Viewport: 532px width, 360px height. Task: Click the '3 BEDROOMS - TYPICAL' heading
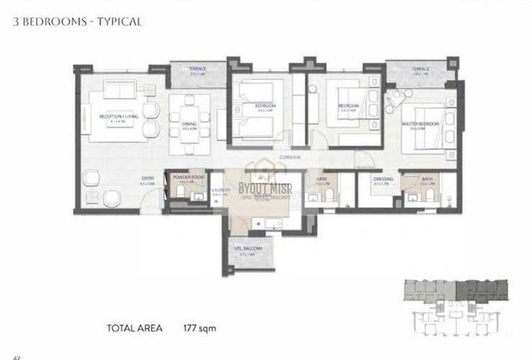click(77, 22)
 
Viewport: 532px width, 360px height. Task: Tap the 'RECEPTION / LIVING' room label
click(115, 116)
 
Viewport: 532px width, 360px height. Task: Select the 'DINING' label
click(189, 124)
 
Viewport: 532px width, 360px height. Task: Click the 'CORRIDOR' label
click(289, 158)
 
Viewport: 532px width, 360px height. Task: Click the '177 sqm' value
click(200, 327)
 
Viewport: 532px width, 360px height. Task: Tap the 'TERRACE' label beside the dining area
click(197, 69)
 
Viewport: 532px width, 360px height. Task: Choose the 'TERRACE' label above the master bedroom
click(420, 69)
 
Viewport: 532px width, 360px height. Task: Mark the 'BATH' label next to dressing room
click(427, 179)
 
